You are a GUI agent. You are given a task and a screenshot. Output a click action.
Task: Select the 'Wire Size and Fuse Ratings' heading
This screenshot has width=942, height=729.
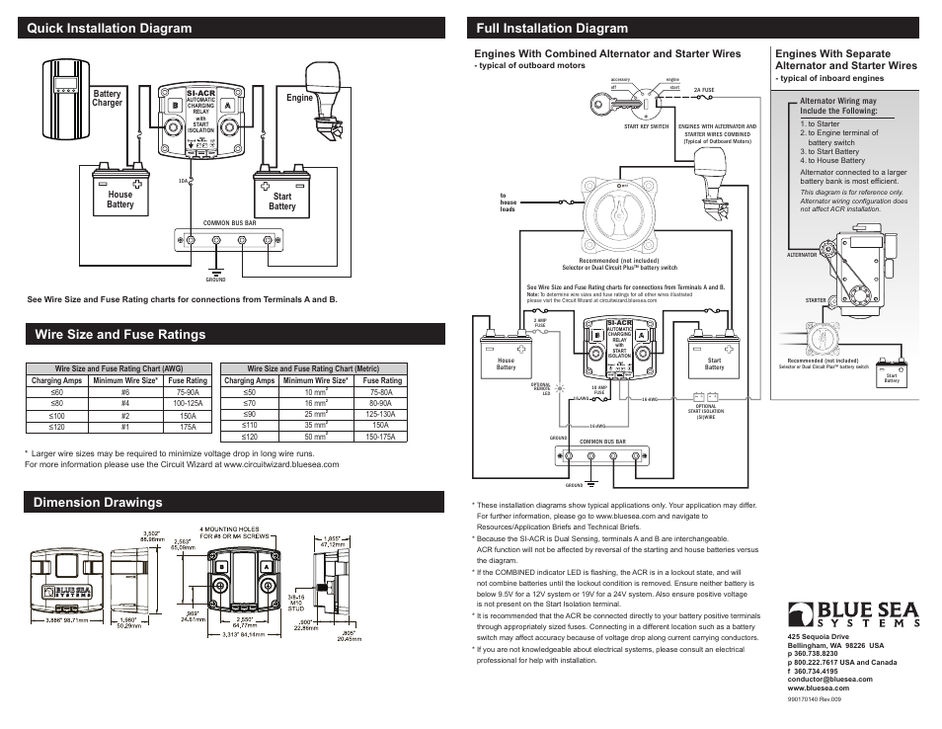click(118, 334)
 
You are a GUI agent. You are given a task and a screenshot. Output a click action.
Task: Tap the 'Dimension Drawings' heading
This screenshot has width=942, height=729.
click(97, 503)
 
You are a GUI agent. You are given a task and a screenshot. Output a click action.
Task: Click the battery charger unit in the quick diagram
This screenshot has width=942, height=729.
click(65, 109)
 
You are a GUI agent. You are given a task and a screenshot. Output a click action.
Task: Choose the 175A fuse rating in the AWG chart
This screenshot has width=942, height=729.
click(188, 427)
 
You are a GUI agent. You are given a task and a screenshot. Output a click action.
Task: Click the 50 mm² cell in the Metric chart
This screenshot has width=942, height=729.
click(315, 437)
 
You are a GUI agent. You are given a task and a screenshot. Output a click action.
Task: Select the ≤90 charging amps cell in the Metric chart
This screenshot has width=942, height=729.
click(250, 414)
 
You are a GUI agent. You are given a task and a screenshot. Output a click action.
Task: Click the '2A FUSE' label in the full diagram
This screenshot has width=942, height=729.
click(703, 90)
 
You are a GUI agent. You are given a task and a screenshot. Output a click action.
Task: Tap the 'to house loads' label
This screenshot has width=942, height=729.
click(509, 202)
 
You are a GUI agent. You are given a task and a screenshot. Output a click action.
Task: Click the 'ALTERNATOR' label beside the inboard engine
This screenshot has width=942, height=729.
click(802, 255)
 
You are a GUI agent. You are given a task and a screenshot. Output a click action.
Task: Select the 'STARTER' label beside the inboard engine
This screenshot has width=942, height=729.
click(815, 299)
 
